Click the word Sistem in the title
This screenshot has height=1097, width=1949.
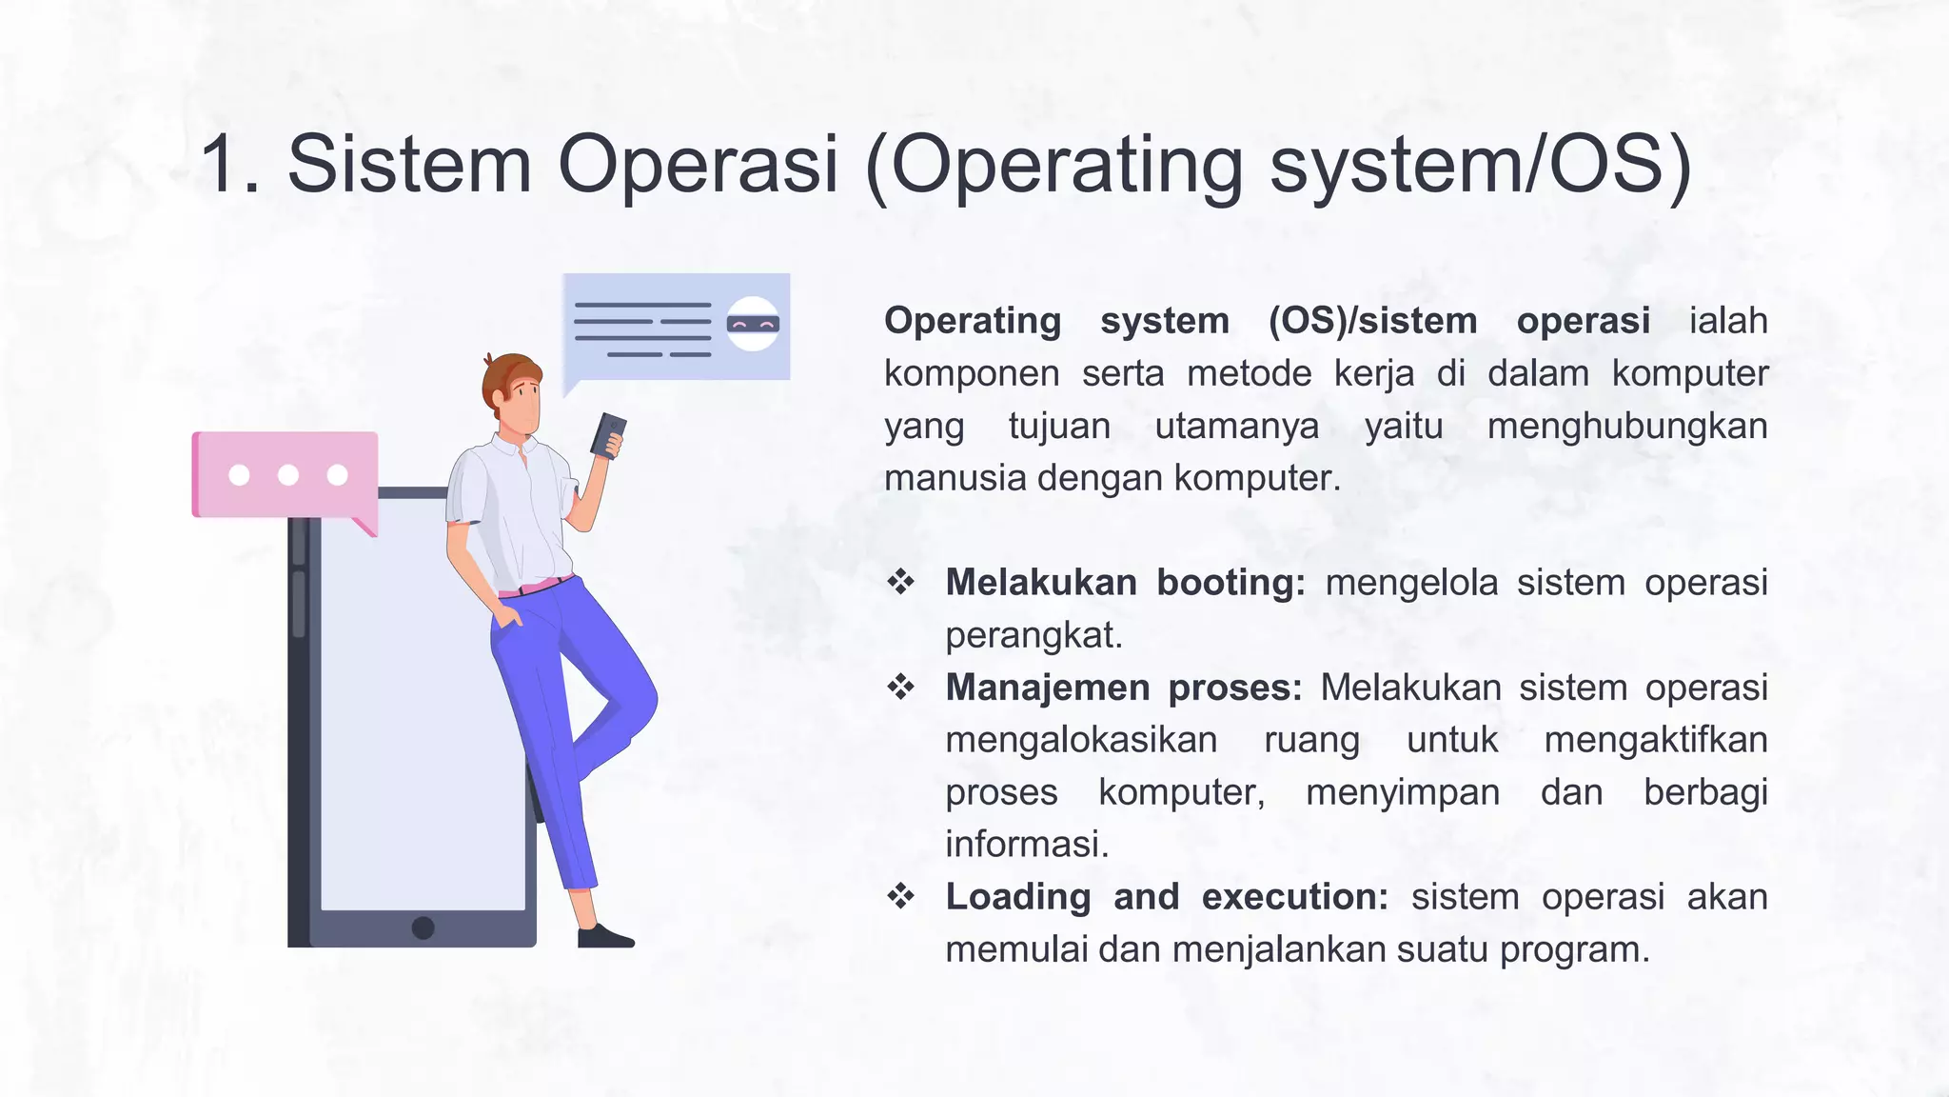[409, 164]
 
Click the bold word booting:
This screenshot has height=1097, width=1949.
[1230, 582]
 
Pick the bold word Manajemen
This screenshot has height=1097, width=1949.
[1047, 687]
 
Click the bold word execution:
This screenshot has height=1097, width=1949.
[1295, 896]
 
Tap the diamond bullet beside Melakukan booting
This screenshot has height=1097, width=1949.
[900, 581]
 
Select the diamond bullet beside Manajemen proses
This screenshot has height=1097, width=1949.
[900, 686]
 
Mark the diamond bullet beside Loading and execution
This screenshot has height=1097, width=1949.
[900, 895]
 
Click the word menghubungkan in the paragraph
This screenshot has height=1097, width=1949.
[1626, 426]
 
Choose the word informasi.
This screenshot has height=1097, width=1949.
[1027, 844]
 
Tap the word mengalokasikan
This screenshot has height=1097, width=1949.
[1081, 739]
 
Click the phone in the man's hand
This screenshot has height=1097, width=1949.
[608, 435]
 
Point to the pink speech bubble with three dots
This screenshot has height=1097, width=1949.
[285, 475]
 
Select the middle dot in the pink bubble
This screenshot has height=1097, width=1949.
[288, 475]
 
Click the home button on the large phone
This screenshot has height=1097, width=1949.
[423, 927]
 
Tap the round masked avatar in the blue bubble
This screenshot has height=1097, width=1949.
[753, 324]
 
